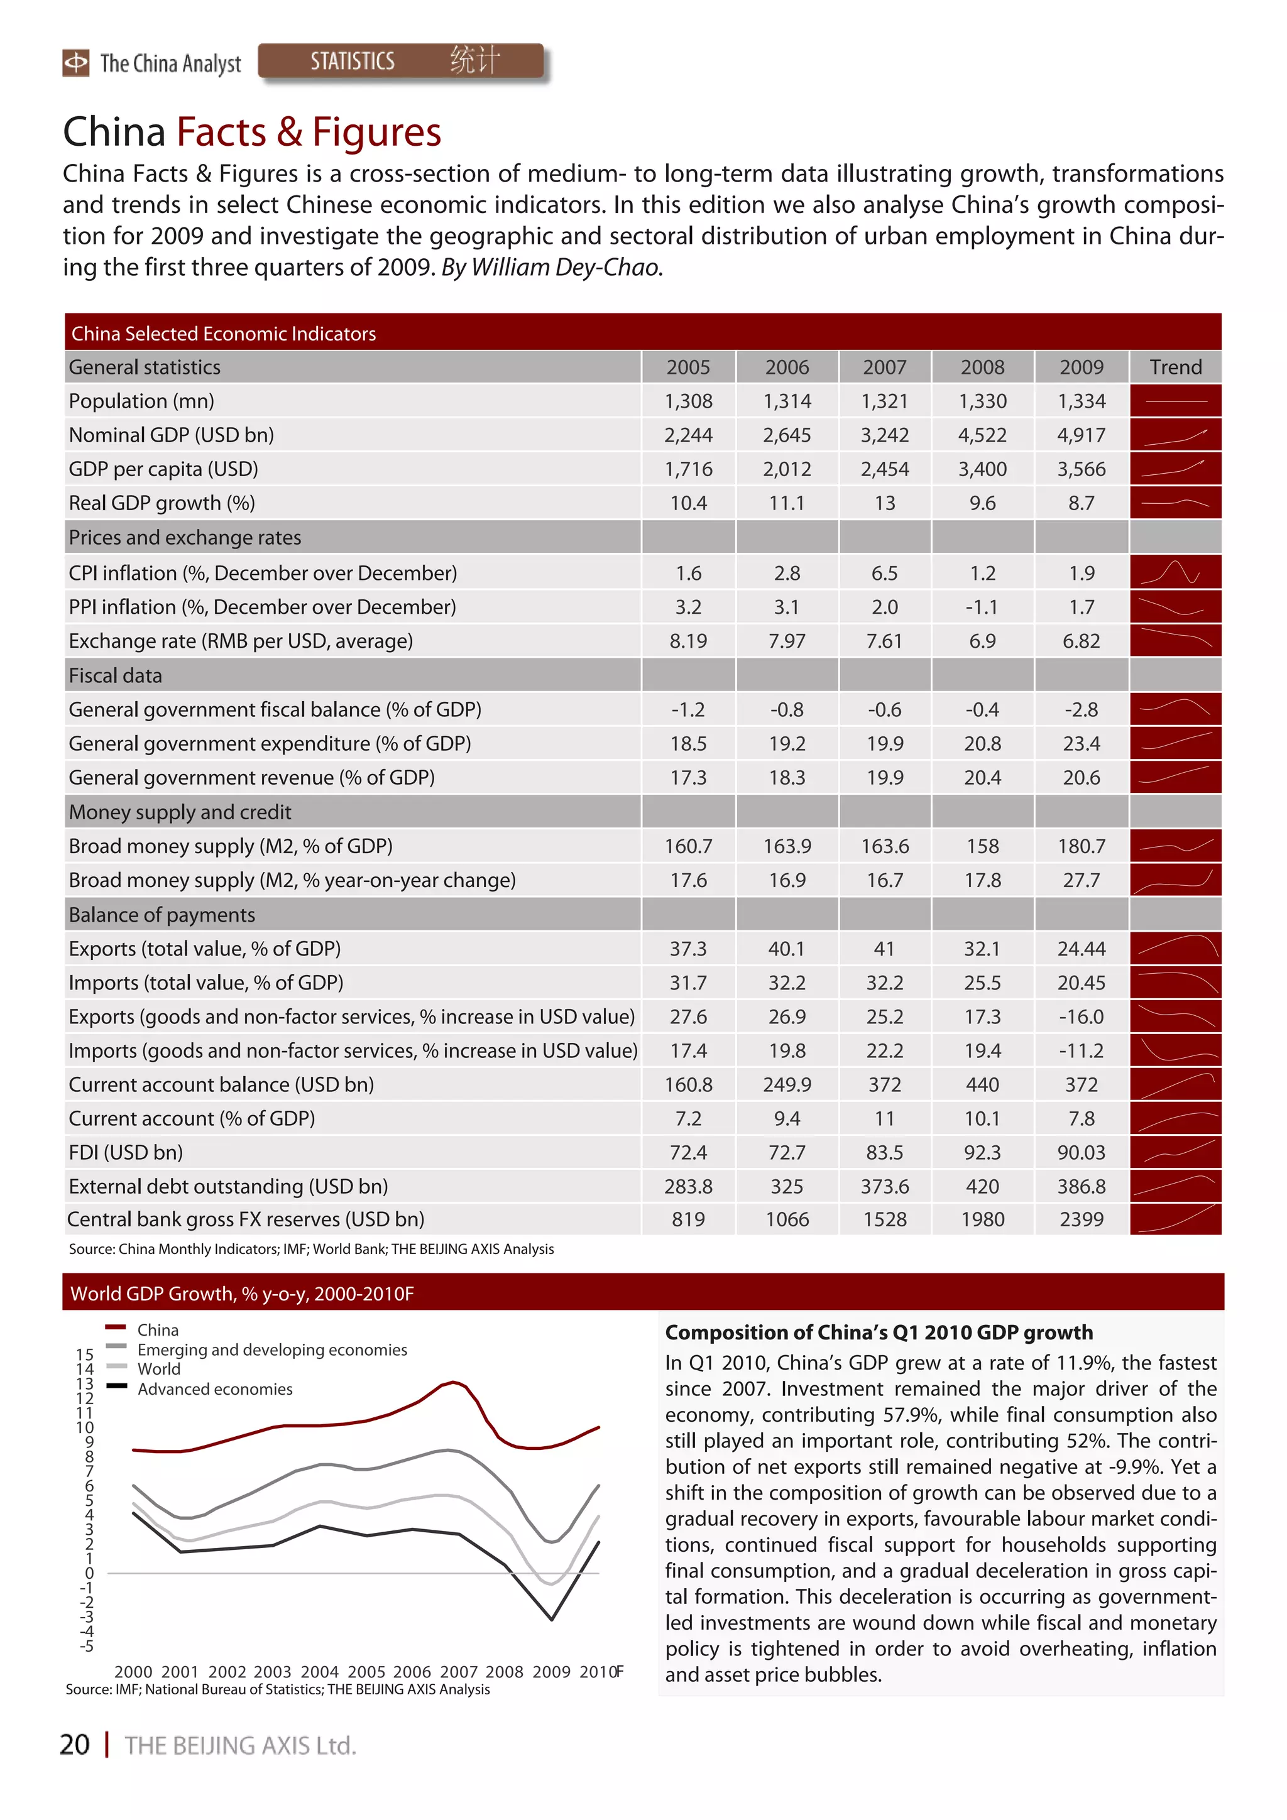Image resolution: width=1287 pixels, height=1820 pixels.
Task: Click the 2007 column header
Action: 884,367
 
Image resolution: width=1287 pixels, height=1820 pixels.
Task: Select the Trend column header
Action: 1175,367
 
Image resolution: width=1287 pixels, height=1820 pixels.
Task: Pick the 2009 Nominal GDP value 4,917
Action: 1081,435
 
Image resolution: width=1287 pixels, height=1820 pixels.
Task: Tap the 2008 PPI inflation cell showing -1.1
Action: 982,608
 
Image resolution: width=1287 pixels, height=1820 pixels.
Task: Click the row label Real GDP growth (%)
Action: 162,503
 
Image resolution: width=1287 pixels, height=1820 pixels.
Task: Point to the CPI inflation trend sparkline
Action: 1175,572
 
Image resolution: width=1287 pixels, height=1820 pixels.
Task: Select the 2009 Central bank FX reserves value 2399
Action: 1081,1219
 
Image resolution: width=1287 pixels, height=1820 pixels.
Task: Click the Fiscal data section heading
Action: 116,675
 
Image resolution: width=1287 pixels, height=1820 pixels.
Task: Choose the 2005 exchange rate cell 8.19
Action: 687,641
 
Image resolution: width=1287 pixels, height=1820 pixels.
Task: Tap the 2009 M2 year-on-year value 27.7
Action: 1081,881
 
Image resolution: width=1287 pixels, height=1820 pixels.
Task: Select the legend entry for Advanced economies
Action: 214,1389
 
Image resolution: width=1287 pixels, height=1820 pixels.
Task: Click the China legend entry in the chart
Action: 157,1330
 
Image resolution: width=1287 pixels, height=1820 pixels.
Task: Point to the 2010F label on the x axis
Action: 600,1672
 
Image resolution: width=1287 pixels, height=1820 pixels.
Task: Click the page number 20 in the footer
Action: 75,1745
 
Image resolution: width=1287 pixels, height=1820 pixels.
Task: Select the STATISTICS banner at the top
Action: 400,61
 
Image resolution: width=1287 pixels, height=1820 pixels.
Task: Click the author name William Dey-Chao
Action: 564,268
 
